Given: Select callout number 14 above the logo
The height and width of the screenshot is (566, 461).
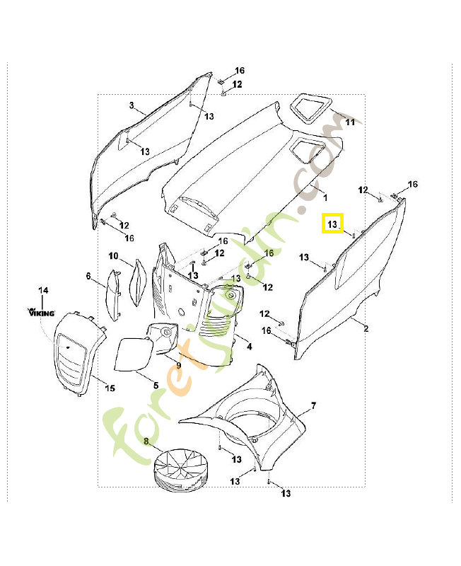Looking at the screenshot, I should point(43,291).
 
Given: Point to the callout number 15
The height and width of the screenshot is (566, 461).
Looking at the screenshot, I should point(110,388).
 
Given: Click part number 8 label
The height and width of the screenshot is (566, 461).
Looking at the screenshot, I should point(146,441).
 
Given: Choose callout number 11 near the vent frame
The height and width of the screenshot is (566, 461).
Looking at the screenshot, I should point(349,122).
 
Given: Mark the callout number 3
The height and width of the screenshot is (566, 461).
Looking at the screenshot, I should point(132,105).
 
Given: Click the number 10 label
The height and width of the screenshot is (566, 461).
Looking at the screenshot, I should point(113,255).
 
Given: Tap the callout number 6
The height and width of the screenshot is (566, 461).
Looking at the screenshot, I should point(89,275).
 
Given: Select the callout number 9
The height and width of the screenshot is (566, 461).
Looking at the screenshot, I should point(179,365).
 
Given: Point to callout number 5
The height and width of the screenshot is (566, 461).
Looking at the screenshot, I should point(156,384).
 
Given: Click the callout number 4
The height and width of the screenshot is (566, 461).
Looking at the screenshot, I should point(249,347).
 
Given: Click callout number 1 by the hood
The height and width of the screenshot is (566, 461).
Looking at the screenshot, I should point(325,192).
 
